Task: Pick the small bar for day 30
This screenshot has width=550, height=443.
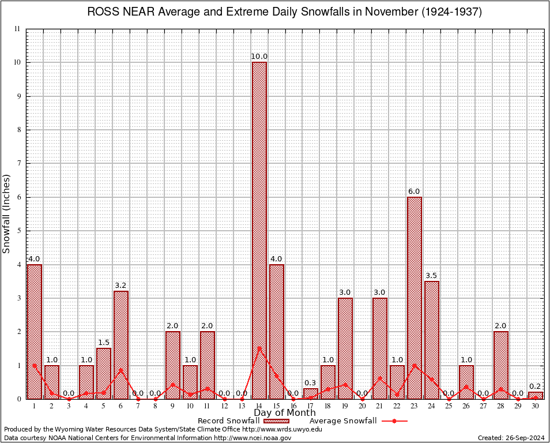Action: click(x=535, y=395)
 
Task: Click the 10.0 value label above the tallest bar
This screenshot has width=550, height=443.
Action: click(x=259, y=57)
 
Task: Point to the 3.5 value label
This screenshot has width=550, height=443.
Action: click(x=431, y=276)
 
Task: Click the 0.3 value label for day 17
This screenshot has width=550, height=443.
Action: click(x=310, y=383)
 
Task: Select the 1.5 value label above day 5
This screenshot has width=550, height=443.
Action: click(x=104, y=343)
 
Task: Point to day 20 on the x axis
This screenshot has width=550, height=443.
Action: click(x=362, y=406)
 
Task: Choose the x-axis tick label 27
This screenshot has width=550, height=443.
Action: click(x=483, y=406)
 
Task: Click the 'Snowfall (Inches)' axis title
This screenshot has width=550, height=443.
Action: click(x=7, y=213)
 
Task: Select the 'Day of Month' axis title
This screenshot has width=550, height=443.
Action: click(x=285, y=413)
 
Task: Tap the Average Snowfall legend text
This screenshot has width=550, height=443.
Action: click(x=342, y=421)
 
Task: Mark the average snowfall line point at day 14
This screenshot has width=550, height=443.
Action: click(x=259, y=348)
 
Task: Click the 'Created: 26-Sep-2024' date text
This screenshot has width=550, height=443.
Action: click(x=511, y=438)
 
